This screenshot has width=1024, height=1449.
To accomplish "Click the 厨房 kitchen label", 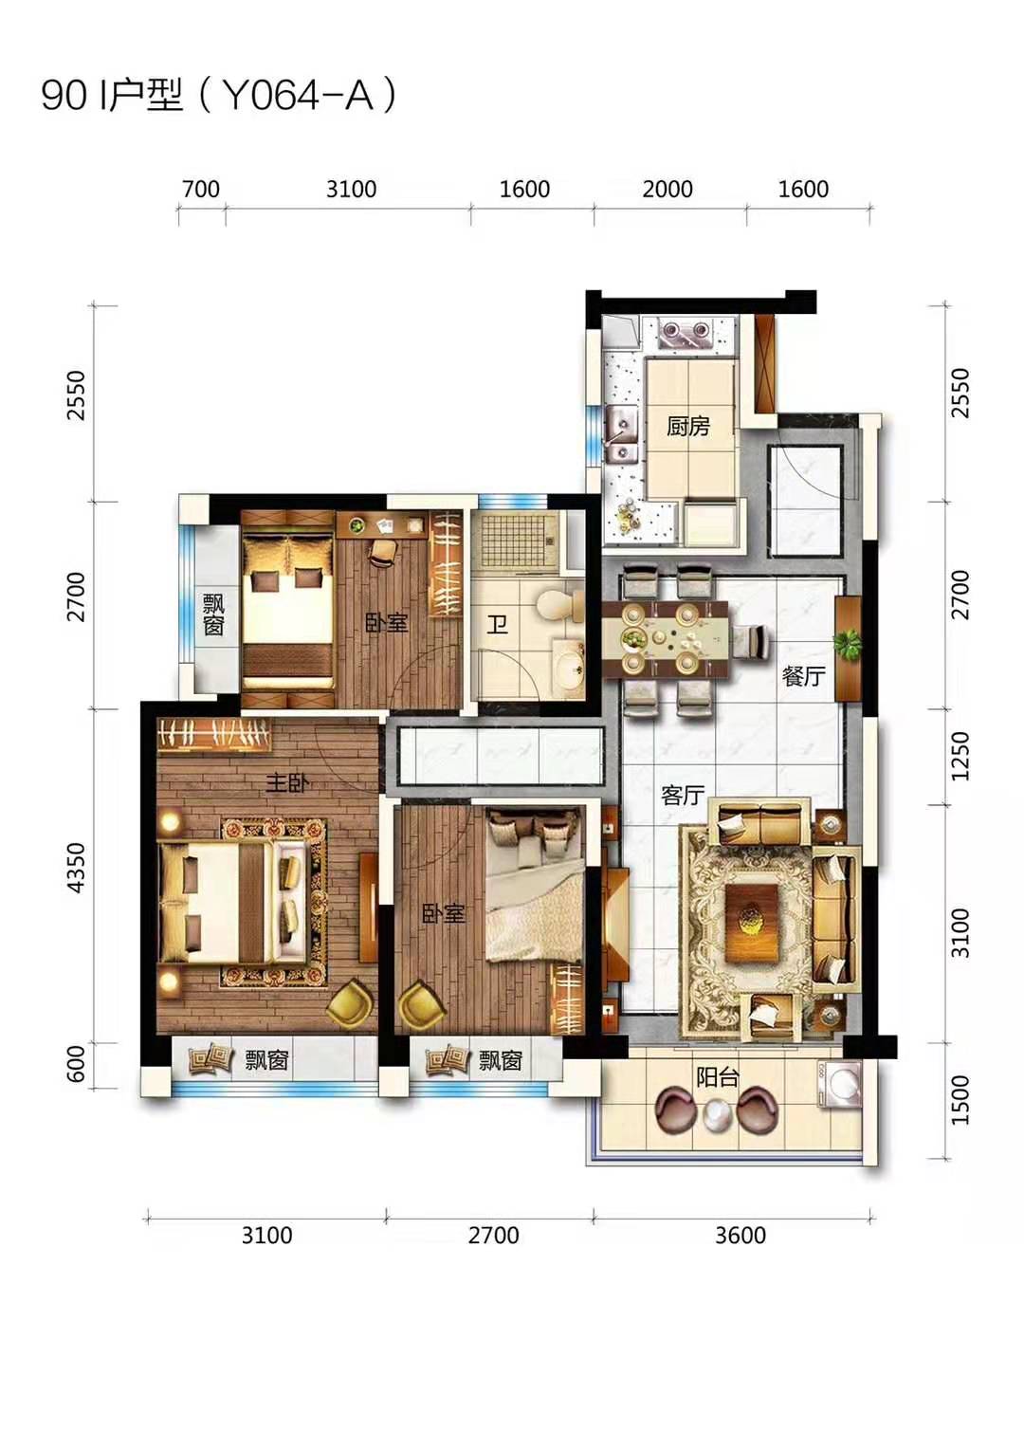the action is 687,427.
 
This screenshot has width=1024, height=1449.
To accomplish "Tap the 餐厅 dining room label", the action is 803,677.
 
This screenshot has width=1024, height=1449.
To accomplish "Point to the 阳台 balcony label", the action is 717,1077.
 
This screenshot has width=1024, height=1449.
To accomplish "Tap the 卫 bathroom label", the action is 497,624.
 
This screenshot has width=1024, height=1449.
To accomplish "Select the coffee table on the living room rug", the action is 751,920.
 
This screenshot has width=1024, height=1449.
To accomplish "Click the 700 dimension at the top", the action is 201,189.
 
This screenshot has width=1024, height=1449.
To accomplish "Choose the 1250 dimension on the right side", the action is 962,756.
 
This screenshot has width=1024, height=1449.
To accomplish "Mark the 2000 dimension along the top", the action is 667,189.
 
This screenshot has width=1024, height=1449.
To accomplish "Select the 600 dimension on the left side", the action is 77,1064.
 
